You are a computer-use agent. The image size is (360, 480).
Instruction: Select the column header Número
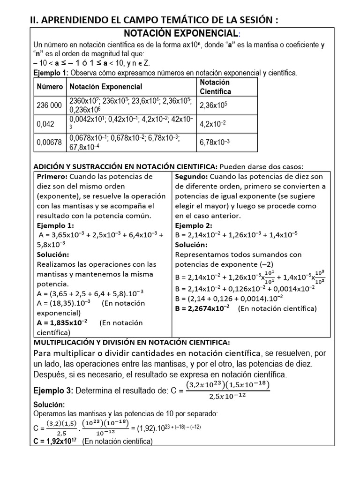50,87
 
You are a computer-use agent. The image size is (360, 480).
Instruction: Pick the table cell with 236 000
49,105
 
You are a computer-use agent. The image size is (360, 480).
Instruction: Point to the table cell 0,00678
49,142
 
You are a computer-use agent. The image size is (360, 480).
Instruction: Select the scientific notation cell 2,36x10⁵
214,106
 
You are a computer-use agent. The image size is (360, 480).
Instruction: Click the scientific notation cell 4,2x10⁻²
213,124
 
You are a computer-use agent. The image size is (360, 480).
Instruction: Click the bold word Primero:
52,177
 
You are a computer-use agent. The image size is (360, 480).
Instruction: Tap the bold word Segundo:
192,177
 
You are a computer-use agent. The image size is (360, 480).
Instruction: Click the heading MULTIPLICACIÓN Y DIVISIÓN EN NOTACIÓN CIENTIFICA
132,343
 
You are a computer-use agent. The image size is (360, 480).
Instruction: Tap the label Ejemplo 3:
53,390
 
